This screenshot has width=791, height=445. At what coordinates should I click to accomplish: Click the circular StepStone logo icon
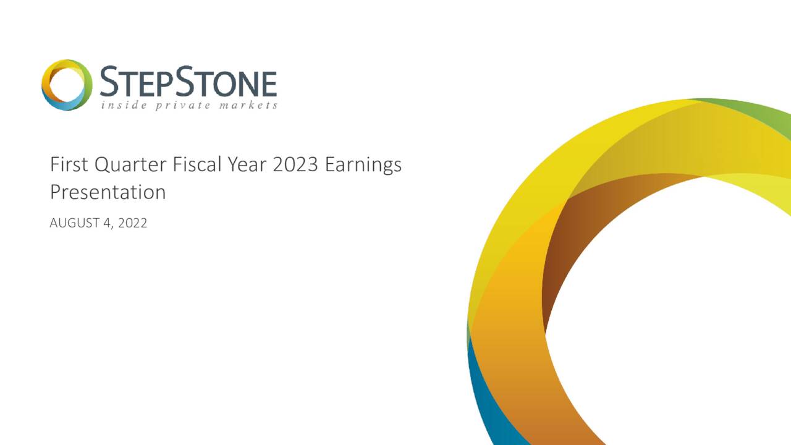pos(67,85)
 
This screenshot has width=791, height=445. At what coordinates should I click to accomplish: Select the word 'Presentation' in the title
pos(108,192)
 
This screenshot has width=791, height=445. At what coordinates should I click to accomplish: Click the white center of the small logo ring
pos(67,85)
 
